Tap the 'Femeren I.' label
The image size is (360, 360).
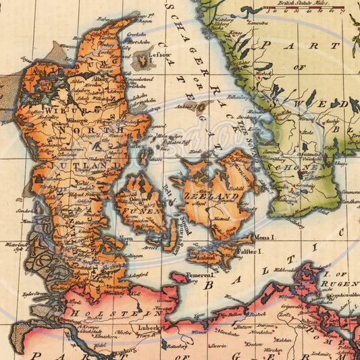199,275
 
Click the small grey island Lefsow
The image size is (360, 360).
143,62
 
